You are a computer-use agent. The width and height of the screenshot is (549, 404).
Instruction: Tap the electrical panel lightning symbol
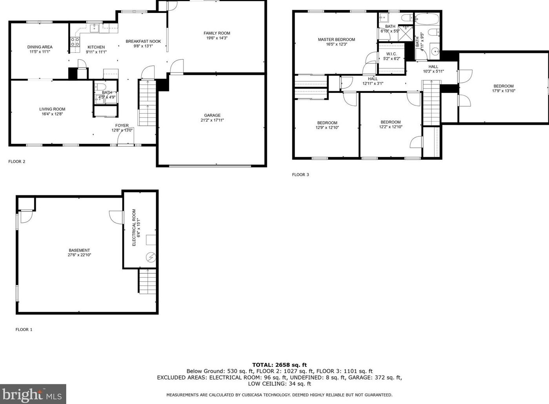point(151,257)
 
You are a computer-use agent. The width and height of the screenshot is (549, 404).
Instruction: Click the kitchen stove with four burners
point(75,42)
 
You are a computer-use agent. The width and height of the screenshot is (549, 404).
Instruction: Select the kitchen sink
point(94,28)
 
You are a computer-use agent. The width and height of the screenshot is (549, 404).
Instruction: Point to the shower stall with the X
point(405,33)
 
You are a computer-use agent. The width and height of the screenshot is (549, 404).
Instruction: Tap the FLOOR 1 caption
point(24,329)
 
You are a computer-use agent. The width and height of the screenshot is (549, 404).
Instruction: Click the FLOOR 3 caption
point(300,175)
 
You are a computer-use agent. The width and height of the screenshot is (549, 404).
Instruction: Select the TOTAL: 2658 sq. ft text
point(279,365)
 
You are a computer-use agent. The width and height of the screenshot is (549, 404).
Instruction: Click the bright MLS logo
point(33,394)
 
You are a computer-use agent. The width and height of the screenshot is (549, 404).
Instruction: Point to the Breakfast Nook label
point(143,42)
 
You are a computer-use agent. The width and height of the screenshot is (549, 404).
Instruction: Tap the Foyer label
point(122,126)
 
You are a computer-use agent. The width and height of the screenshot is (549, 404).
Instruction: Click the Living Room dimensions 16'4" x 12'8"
point(52,114)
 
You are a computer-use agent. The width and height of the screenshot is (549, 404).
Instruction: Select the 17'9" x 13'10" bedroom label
point(504,91)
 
